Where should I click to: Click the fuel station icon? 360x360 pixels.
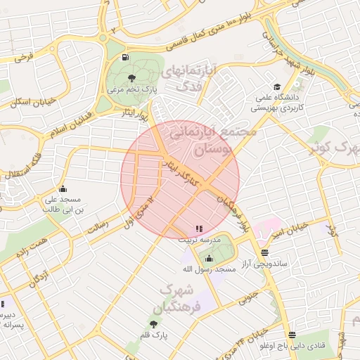click(x=125, y=58)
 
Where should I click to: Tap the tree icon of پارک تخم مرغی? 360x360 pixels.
click(x=132, y=78)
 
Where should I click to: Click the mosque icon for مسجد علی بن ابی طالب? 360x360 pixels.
click(x=63, y=188)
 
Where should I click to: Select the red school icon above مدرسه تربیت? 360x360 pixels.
click(x=198, y=229)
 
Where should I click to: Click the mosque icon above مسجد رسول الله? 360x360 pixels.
click(x=208, y=258)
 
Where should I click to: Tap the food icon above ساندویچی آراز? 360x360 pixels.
click(x=264, y=252)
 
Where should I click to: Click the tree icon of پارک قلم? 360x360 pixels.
click(x=153, y=324)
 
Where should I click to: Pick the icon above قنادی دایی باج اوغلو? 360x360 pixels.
click(x=292, y=335)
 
